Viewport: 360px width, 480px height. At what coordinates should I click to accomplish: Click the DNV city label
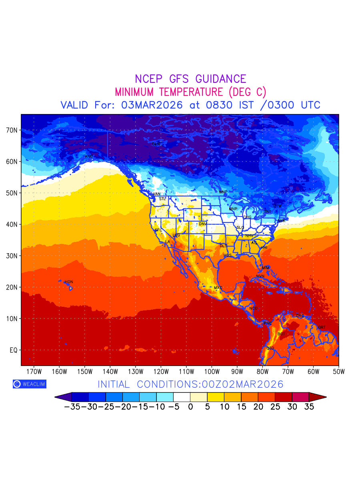coord(203,224)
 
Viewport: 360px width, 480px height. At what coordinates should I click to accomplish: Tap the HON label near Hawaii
coord(69,282)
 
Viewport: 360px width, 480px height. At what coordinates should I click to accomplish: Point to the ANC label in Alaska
coord(89,156)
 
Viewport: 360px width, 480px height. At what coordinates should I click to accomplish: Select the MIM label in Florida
coord(266,267)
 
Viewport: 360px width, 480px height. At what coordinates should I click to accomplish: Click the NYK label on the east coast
coord(282,221)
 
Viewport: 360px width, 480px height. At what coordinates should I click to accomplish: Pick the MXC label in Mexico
coord(218,288)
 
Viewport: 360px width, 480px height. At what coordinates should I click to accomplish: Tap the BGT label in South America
coord(281,334)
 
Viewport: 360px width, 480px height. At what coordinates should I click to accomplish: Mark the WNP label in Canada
coord(223,192)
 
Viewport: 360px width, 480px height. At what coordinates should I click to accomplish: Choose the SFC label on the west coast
coord(158,230)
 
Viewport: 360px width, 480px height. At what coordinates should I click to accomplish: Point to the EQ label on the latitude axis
coord(13,350)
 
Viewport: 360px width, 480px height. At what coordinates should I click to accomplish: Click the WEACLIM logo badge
coord(29,384)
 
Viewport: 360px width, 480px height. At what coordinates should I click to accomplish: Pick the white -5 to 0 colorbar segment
coord(182,397)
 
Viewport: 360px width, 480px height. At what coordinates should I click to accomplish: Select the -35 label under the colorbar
coord(72,407)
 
